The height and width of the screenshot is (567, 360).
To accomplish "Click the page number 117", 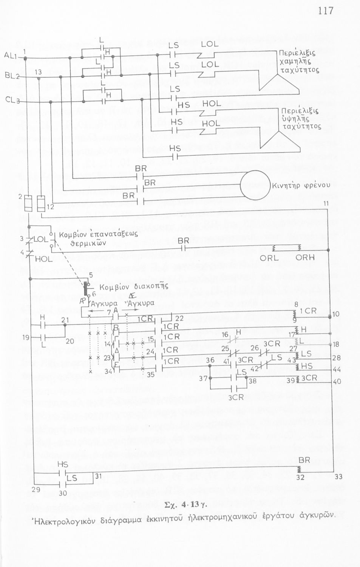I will [x=326, y=10].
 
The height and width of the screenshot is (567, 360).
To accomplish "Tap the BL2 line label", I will [x=12, y=76].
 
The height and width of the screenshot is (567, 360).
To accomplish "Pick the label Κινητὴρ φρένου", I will [x=301, y=186].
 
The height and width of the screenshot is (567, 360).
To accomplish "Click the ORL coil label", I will [x=269, y=258].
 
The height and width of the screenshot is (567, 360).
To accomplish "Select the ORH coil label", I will [x=304, y=258].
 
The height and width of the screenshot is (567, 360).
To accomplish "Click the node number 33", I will [x=338, y=477].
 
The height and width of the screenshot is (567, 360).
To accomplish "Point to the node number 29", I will [x=36, y=489].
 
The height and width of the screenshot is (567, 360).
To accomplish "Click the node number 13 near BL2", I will [x=38, y=72].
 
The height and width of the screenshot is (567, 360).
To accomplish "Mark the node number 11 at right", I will [x=326, y=204].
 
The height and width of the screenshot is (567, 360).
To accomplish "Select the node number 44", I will [x=337, y=369].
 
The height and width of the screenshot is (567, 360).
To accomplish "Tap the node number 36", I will [x=210, y=360].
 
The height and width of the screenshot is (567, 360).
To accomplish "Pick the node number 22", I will [x=179, y=319].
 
